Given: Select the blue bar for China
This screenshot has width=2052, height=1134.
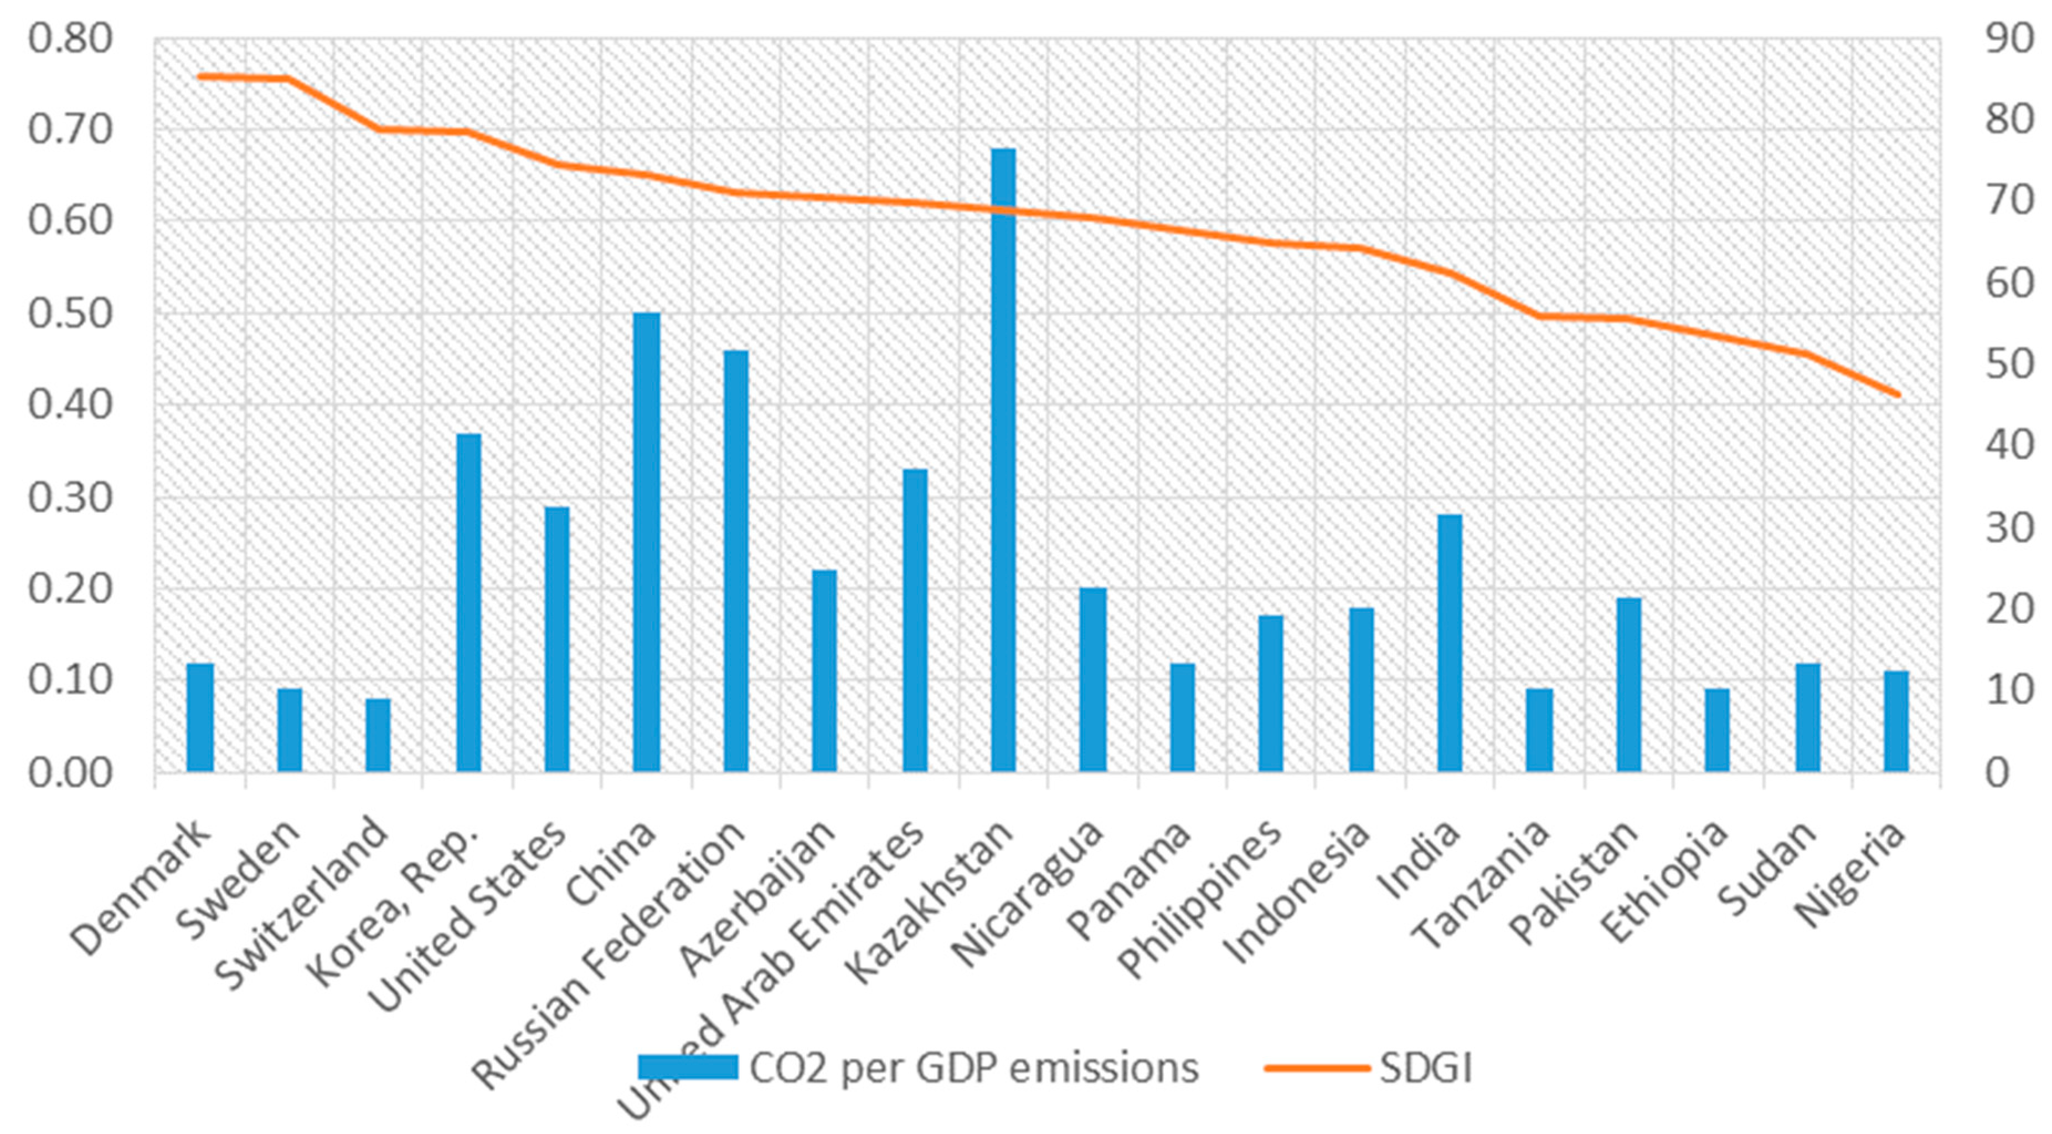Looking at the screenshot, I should pyautogui.click(x=646, y=542).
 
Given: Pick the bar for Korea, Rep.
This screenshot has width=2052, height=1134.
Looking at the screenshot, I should pyautogui.click(x=468, y=603).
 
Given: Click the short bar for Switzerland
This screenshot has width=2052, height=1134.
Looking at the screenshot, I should pyautogui.click(x=378, y=734).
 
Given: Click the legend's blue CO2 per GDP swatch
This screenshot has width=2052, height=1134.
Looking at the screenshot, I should pyautogui.click(x=688, y=1067).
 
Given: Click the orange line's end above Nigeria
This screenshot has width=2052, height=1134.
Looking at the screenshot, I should pyautogui.click(x=1898, y=394).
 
